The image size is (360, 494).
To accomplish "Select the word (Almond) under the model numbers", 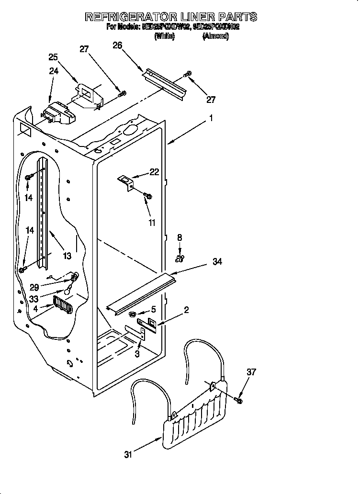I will click(x=216, y=36).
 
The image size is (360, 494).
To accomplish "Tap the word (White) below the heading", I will click(x=164, y=36).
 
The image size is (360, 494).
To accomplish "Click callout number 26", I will click(x=117, y=45).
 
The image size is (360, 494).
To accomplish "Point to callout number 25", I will click(x=53, y=57).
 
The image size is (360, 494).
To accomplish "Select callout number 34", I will click(x=217, y=262).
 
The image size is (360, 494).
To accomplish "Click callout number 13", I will click(x=67, y=256).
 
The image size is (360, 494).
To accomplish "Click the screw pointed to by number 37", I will click(x=239, y=399).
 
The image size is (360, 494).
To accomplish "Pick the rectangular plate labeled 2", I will click(x=146, y=325).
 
